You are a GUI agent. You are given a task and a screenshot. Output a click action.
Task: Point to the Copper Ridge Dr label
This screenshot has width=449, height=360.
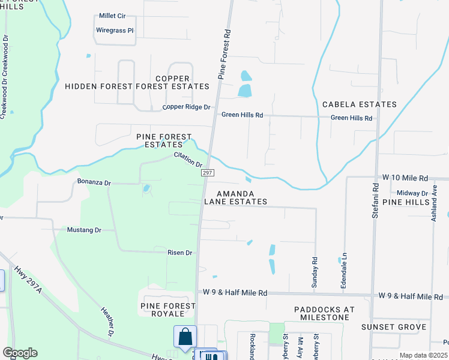(187, 107)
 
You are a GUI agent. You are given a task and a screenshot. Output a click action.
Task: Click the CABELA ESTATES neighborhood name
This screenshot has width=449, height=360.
(360, 104)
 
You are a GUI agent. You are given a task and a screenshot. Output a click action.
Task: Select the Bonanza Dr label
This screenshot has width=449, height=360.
(94, 182)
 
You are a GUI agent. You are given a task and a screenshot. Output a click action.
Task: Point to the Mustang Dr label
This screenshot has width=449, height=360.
(83, 230)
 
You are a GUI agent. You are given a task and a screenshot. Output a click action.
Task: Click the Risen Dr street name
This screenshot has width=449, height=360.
(179, 253)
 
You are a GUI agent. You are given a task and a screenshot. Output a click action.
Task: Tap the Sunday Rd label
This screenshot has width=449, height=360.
(314, 272)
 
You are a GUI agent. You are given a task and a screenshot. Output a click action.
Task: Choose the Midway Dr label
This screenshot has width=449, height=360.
(412, 193)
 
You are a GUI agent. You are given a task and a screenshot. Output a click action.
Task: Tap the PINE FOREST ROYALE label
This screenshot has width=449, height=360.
(168, 310)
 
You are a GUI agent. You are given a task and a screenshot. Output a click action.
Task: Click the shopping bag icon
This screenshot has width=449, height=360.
(185, 337)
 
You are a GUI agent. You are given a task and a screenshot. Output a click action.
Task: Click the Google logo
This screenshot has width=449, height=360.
(20, 353)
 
